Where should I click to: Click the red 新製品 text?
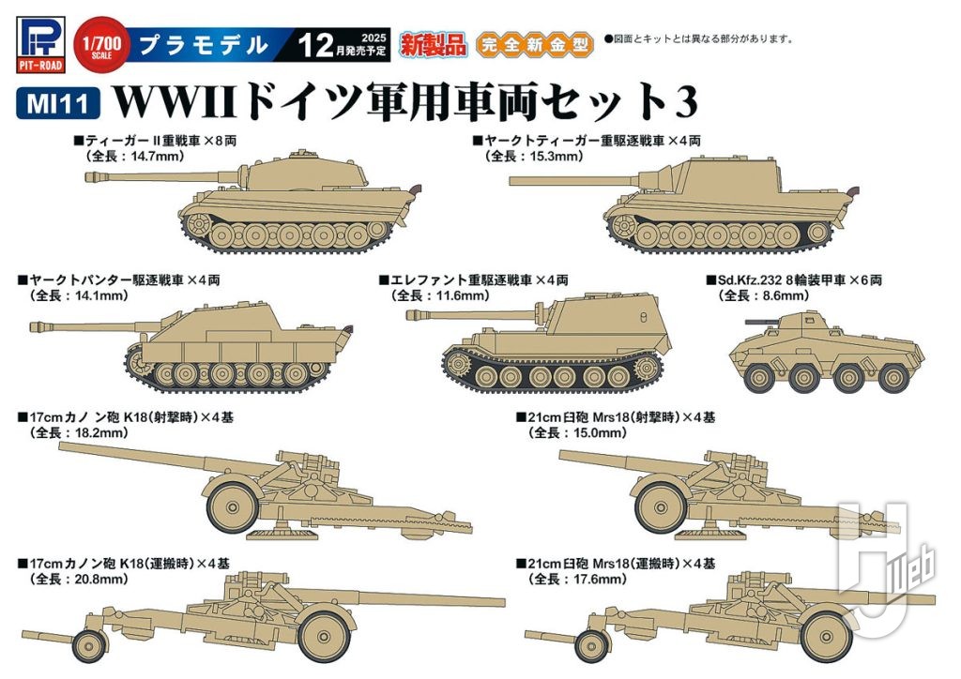[x=433, y=42]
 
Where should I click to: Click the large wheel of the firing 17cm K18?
[x=229, y=504]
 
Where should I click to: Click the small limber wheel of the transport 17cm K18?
[x=88, y=645]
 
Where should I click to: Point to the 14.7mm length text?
[x=141, y=157]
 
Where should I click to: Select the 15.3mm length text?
[x=537, y=157]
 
